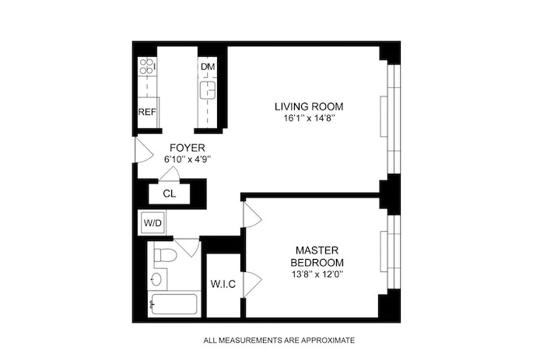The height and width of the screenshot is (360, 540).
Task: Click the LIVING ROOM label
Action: coord(308,106)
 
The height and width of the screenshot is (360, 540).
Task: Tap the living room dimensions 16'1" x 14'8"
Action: coord(308,118)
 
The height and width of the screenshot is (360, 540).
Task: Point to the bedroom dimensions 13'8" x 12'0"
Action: coord(315,274)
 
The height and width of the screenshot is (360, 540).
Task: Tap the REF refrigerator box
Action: coord(147,111)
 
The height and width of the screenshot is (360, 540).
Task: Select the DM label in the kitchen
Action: coord(208,67)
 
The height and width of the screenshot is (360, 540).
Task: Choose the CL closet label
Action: coord(170,194)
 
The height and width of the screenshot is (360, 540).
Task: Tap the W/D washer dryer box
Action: coord(153,224)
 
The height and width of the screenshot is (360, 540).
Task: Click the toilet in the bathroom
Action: coord(164,255)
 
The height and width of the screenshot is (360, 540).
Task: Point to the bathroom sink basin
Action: coord(156,279)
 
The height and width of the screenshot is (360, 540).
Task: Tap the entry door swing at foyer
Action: coord(142,150)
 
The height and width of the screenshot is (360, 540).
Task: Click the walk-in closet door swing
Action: coord(251,284)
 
